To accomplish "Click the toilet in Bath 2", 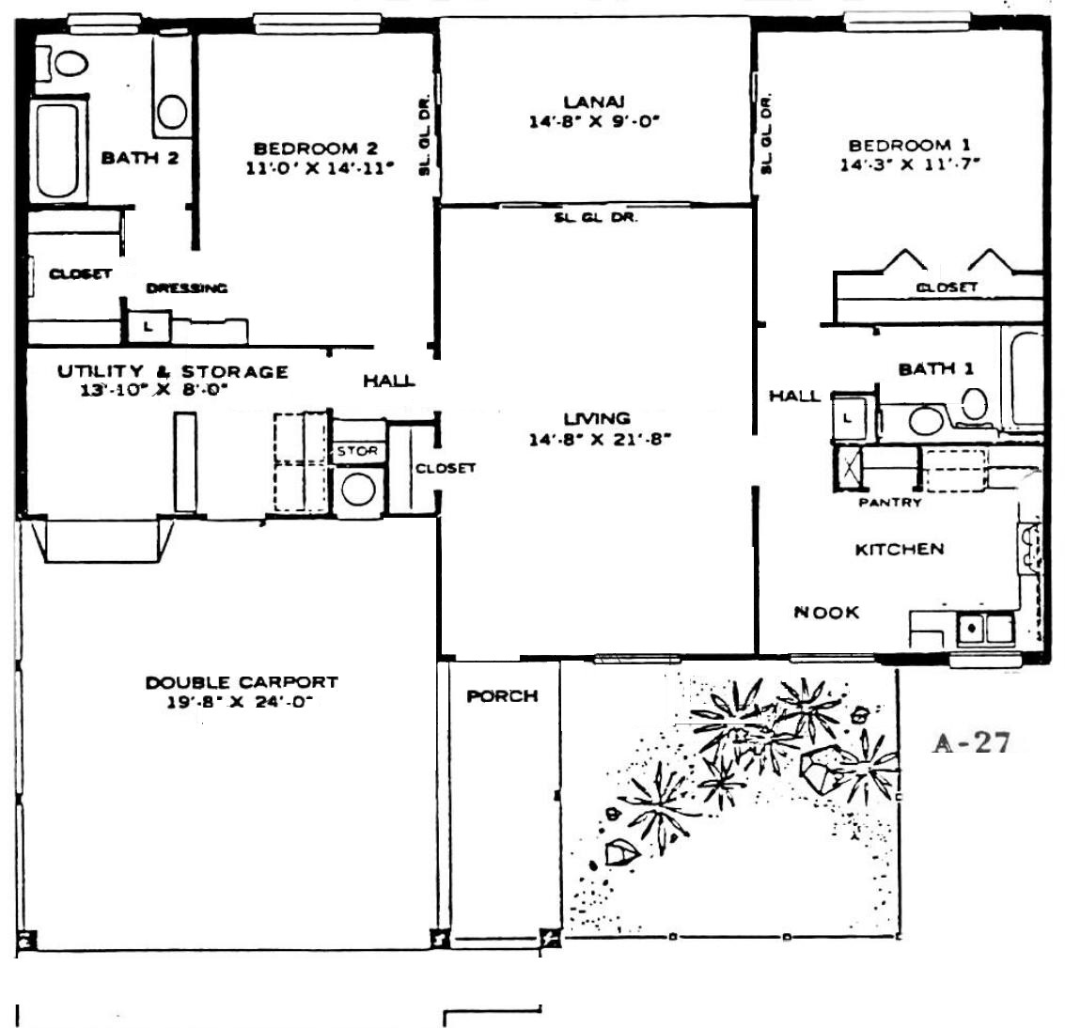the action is (62, 63).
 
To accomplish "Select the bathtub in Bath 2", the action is (57, 150).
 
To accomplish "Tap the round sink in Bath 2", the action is (172, 112).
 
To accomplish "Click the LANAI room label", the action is (594, 102).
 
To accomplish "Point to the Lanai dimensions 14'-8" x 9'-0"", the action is (594, 122).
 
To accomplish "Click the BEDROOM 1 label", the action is (910, 146).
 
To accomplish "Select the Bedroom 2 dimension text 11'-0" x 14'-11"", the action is (320, 167).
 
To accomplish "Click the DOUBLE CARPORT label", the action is (242, 682).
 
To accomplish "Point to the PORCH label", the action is (503, 696).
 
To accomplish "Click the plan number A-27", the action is (972, 743).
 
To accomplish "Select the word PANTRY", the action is (890, 503).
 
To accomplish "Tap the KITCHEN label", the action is (900, 550).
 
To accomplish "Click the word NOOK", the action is (826, 613).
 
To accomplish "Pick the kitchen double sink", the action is (985, 628).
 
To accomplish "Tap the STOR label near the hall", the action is (357, 451).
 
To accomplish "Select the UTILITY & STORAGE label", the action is (173, 371).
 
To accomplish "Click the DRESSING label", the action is (187, 288).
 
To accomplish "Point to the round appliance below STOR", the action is (359, 490).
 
